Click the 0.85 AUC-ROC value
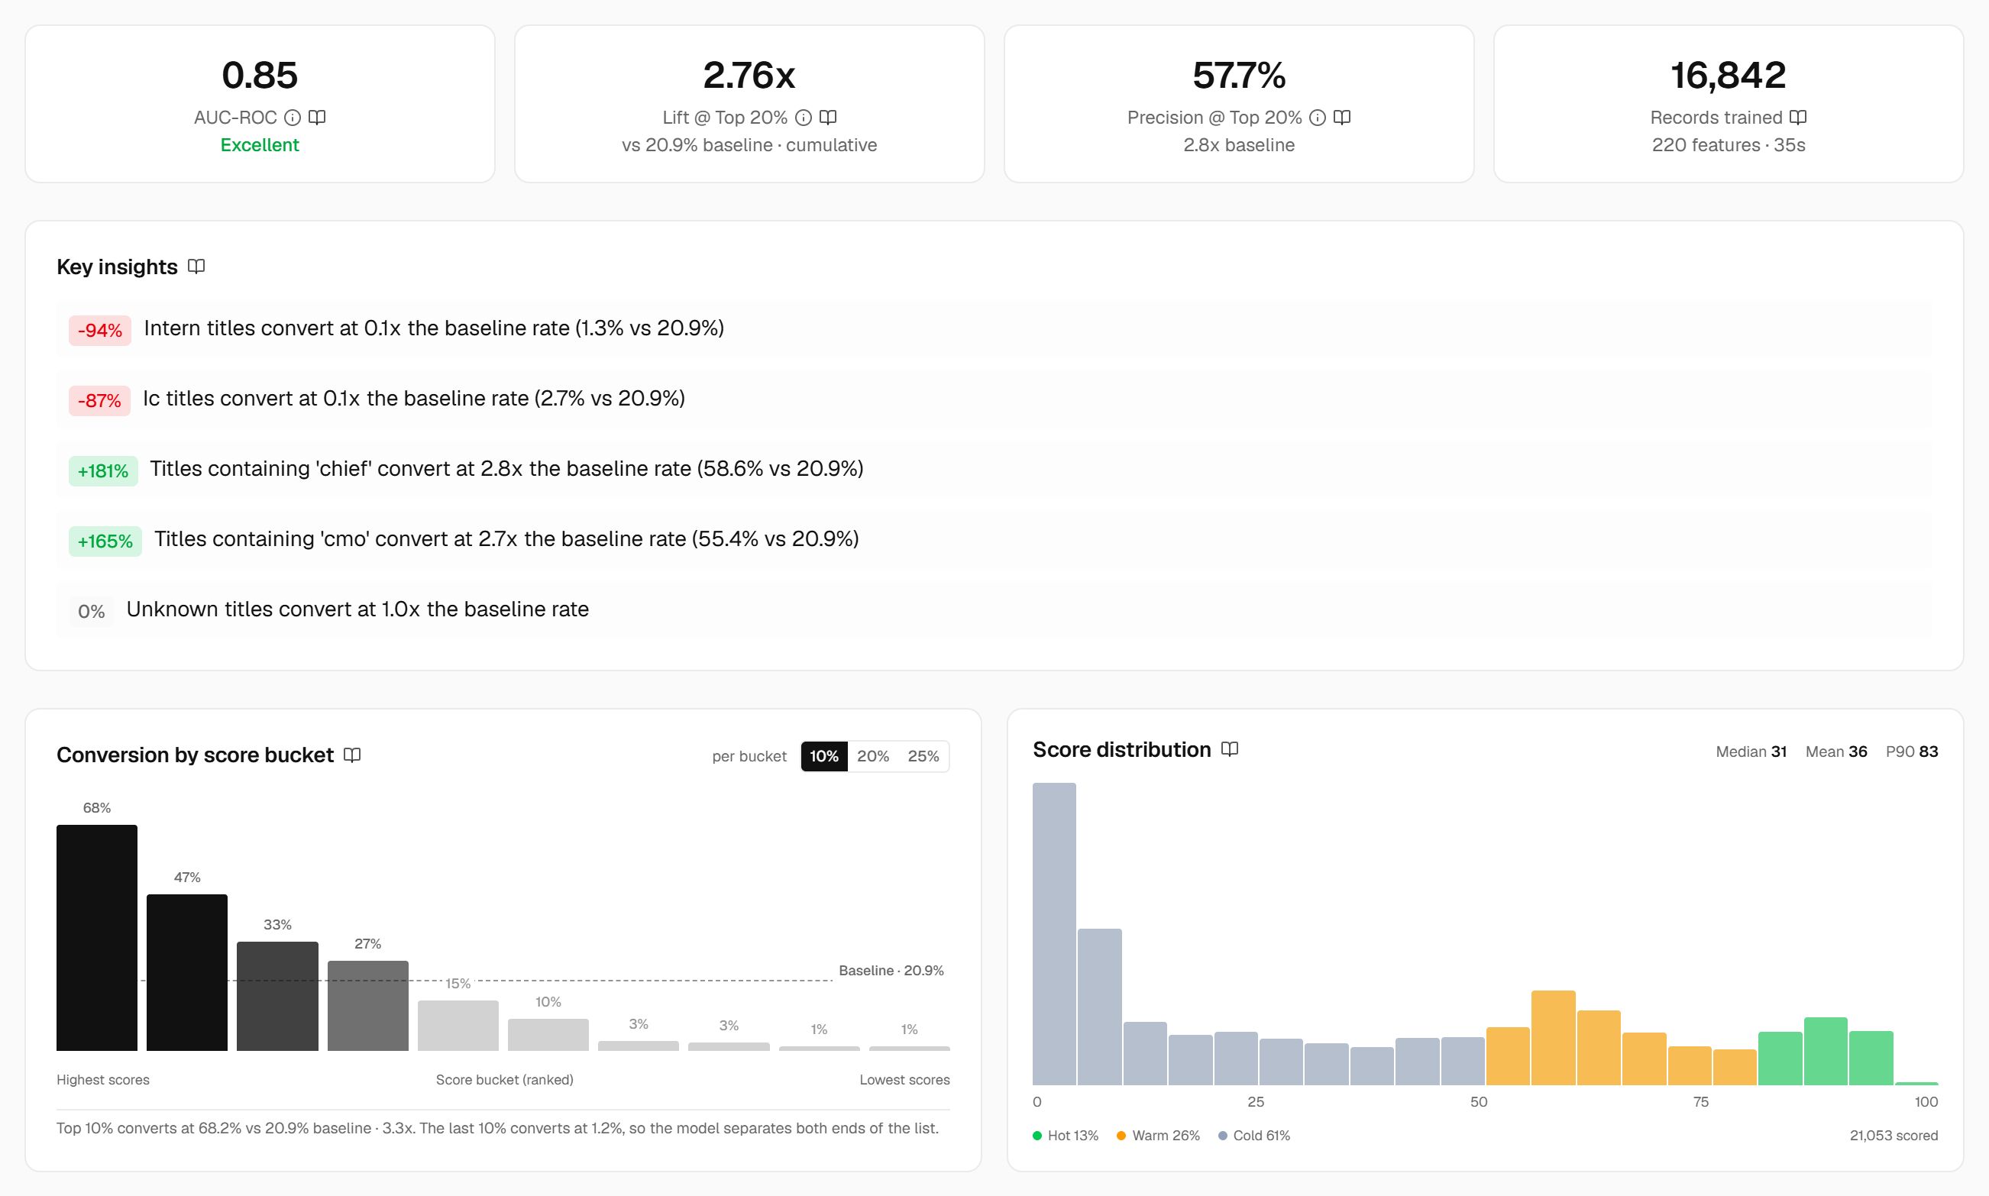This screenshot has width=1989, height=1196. coord(260,75)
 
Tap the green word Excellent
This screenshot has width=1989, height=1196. coord(260,145)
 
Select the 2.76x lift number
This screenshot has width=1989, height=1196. coord(749,75)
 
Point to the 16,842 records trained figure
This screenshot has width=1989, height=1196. coord(1728,75)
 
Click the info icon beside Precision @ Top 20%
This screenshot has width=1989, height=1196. coord(1318,118)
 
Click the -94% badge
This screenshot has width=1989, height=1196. coord(100,331)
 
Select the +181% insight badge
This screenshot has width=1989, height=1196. coord(103,470)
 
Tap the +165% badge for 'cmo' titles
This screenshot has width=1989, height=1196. coord(105,541)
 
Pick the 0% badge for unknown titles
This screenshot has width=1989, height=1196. coord(91,611)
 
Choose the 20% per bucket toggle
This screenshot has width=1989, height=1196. coord(873,756)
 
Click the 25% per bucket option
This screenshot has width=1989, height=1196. coord(923,756)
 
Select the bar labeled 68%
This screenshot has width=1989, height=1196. coord(97,937)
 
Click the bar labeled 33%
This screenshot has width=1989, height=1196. coord(277,995)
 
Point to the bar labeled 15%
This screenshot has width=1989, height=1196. coord(458,1025)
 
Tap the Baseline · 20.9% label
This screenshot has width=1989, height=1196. coord(891,971)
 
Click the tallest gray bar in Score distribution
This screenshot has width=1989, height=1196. coord(1054,933)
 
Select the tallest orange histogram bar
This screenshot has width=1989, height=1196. coord(1553,1037)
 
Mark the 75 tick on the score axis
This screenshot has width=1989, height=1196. coord(1700,1102)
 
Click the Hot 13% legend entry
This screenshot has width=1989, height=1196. coord(1066,1136)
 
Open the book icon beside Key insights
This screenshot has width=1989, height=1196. coord(196,267)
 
